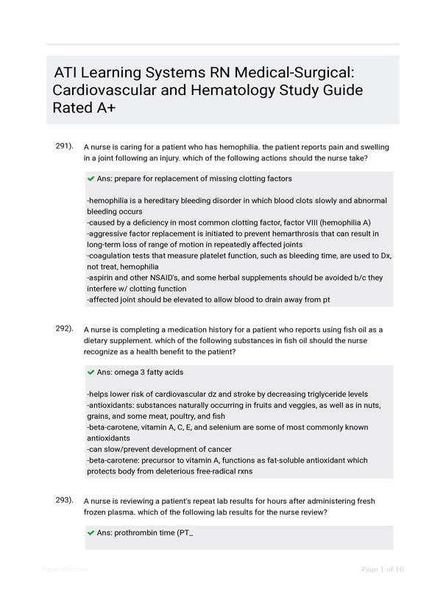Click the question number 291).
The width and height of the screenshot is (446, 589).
[x=64, y=146]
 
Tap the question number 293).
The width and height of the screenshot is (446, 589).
[x=64, y=500]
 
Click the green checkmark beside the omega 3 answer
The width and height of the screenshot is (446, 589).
[x=91, y=373]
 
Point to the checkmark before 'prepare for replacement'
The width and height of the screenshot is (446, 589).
[x=91, y=178]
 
